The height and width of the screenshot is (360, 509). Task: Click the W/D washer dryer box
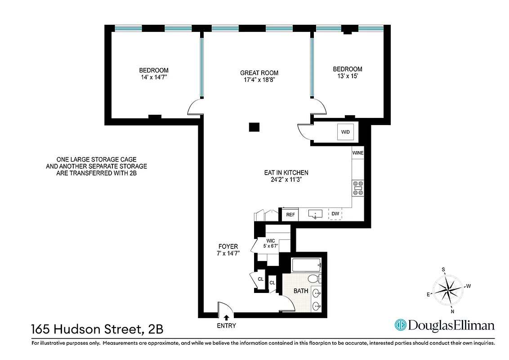point(345,132)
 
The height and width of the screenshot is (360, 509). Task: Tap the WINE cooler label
point(358,153)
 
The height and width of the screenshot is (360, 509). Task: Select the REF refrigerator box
point(290,215)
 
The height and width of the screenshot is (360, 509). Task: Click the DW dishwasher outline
point(335,214)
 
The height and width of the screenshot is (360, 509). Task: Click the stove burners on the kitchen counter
point(358,188)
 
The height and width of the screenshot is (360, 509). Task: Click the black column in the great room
point(254,127)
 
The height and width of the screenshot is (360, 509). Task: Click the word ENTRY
point(226,326)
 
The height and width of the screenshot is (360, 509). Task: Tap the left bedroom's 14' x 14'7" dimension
point(153,77)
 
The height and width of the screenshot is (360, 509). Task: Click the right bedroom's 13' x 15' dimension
point(347,76)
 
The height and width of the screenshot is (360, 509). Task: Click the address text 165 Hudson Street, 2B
point(97,329)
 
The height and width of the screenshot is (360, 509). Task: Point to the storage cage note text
point(96,166)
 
